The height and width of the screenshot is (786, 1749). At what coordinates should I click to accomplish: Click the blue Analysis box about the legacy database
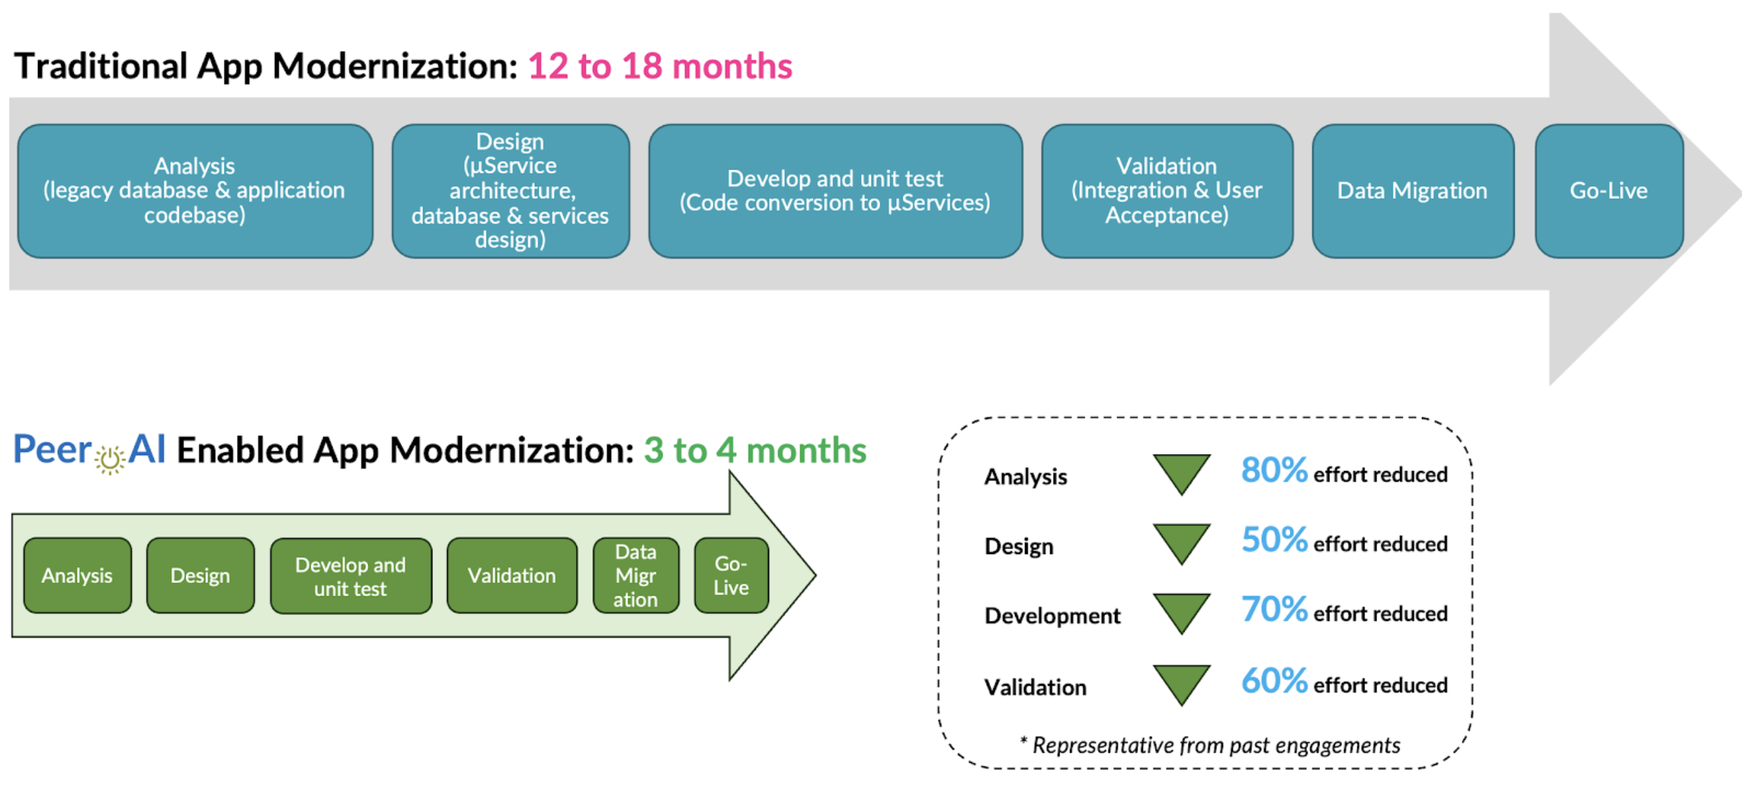click(x=195, y=191)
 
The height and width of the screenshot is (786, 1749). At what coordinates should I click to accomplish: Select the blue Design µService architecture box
click(x=510, y=191)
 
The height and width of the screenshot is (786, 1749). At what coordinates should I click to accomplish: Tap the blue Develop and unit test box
click(x=835, y=191)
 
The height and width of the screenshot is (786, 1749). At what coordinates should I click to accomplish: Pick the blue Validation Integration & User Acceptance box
click(x=1167, y=191)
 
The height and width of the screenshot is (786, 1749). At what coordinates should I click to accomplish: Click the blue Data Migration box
click(x=1412, y=191)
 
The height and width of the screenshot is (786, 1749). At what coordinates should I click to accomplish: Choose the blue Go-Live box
click(x=1608, y=191)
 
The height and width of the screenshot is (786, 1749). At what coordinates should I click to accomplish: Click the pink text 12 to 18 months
click(x=659, y=66)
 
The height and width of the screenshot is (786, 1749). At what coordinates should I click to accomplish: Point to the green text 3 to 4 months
click(x=755, y=450)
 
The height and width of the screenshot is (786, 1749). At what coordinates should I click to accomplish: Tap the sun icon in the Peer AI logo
click(x=110, y=460)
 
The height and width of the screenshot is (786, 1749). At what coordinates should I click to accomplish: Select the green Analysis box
click(x=77, y=576)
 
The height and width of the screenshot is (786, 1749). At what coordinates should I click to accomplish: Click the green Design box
click(x=200, y=576)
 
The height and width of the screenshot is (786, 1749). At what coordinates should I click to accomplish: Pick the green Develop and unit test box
click(x=351, y=576)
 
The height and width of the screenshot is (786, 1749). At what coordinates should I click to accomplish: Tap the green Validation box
click(x=512, y=576)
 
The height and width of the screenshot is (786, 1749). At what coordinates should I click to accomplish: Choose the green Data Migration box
click(x=635, y=576)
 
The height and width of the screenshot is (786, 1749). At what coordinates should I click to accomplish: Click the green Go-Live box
click(x=731, y=576)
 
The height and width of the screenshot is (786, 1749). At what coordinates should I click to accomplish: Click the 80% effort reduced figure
click(x=1274, y=470)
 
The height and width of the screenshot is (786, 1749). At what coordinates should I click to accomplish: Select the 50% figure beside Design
click(x=1274, y=540)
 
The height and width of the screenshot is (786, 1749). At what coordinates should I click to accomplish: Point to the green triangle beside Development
click(x=1182, y=612)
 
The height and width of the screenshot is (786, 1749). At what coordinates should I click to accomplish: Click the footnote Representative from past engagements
click(x=1210, y=745)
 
